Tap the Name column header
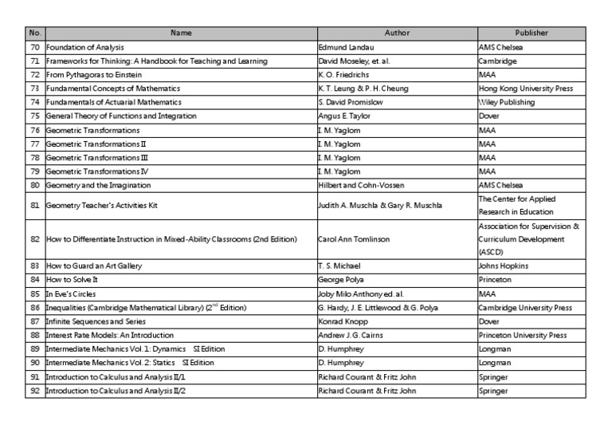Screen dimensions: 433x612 [x=181, y=33]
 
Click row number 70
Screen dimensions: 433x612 [x=34, y=47]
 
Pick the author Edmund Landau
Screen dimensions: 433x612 [x=345, y=47]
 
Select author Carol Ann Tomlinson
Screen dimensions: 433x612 [x=352, y=238]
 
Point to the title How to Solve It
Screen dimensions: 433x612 [x=74, y=280]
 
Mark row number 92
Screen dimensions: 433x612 [x=34, y=392]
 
